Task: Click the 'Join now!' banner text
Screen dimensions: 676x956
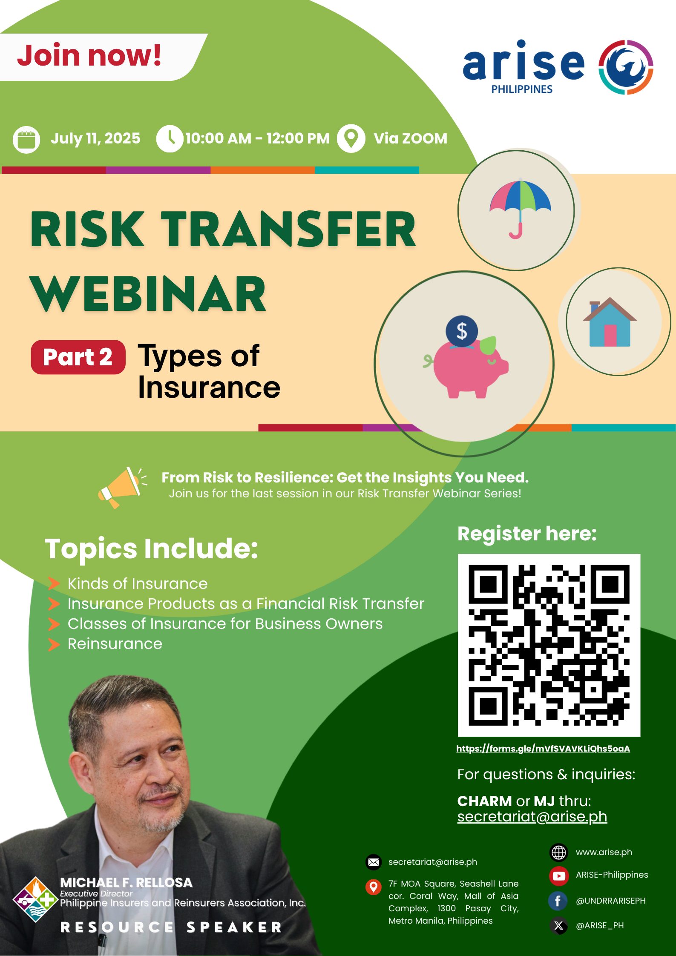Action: (89, 56)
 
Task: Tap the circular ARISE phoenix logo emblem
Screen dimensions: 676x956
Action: (626, 67)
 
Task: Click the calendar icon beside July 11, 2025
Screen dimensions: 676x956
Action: (26, 139)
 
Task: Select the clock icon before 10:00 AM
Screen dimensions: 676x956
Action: (170, 139)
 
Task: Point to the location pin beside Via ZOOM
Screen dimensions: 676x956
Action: (351, 138)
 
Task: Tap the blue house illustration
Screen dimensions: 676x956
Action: (610, 322)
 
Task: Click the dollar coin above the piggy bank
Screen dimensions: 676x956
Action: (462, 331)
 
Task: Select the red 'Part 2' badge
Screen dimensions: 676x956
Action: (78, 357)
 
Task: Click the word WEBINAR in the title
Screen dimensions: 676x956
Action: (148, 293)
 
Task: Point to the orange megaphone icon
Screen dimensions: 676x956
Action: (122, 487)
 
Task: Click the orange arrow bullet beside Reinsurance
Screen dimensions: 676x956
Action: (54, 644)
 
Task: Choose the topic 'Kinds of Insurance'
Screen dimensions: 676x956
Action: (138, 583)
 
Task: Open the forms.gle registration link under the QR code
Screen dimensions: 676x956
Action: (543, 748)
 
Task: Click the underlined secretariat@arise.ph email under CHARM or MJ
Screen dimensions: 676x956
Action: (532, 816)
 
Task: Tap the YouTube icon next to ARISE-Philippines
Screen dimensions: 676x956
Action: (559, 876)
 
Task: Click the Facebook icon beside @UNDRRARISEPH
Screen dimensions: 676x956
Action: (558, 901)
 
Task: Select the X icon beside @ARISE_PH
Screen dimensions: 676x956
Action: (558, 925)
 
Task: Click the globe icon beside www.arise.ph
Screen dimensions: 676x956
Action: (559, 852)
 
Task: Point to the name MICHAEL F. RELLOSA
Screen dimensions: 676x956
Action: (127, 883)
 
